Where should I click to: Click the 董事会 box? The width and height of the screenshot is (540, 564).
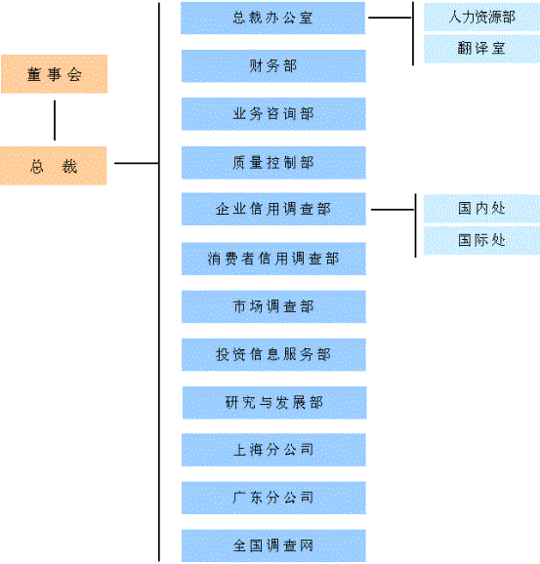click(x=55, y=74)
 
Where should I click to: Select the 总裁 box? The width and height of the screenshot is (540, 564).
click(x=54, y=166)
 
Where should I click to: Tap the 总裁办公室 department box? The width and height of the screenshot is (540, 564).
click(x=272, y=18)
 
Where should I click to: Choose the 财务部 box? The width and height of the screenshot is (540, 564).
click(x=273, y=66)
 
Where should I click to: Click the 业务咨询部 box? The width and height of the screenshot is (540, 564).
click(x=273, y=114)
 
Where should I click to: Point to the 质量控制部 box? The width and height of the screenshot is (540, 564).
click(x=273, y=163)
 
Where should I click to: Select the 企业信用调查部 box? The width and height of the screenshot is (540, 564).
click(x=273, y=209)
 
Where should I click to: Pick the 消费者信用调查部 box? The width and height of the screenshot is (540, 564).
click(x=273, y=259)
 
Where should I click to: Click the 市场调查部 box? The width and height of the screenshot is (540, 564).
click(x=273, y=306)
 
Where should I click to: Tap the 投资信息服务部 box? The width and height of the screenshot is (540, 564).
click(x=273, y=354)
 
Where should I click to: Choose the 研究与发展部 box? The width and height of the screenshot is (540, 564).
click(x=274, y=403)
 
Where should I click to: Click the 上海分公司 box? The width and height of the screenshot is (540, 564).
click(x=273, y=450)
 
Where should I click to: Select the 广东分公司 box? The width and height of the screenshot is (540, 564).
click(x=273, y=498)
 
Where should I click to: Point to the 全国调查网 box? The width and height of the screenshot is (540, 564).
click(x=273, y=545)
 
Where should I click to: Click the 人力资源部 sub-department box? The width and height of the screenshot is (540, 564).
click(x=481, y=17)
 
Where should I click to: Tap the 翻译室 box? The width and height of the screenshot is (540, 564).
click(x=481, y=49)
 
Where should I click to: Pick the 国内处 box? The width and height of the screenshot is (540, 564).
click(x=481, y=209)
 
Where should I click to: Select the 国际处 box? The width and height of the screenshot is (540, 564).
click(x=481, y=241)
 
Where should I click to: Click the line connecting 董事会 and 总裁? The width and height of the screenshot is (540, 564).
click(x=55, y=120)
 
